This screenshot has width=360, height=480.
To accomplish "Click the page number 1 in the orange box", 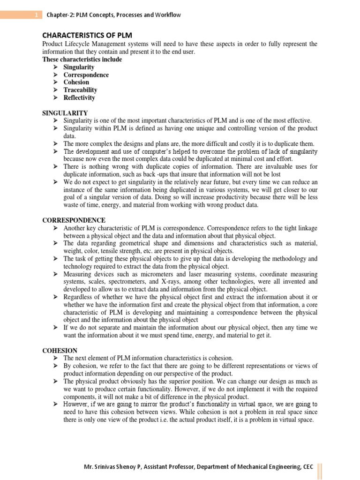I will click(36, 15).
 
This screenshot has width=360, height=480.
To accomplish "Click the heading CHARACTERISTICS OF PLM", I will click(87, 36).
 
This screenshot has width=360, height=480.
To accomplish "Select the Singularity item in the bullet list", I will click(79, 67).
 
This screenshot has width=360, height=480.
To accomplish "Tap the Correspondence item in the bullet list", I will click(86, 75).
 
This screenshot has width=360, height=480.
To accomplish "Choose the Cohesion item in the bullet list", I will click(76, 82).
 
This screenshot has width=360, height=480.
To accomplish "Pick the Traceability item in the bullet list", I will click(80, 90).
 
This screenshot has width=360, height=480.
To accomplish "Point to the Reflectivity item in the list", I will click(79, 97).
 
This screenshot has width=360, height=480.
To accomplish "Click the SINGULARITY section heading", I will click(65, 113).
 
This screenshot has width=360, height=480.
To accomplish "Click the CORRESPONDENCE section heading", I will click(74, 220).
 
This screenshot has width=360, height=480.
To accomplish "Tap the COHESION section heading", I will click(59, 350).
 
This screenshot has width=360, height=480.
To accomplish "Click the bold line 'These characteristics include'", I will click(82, 60).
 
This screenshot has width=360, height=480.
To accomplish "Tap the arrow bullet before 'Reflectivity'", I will click(55, 97).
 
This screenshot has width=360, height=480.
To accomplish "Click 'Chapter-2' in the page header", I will click(59, 15).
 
